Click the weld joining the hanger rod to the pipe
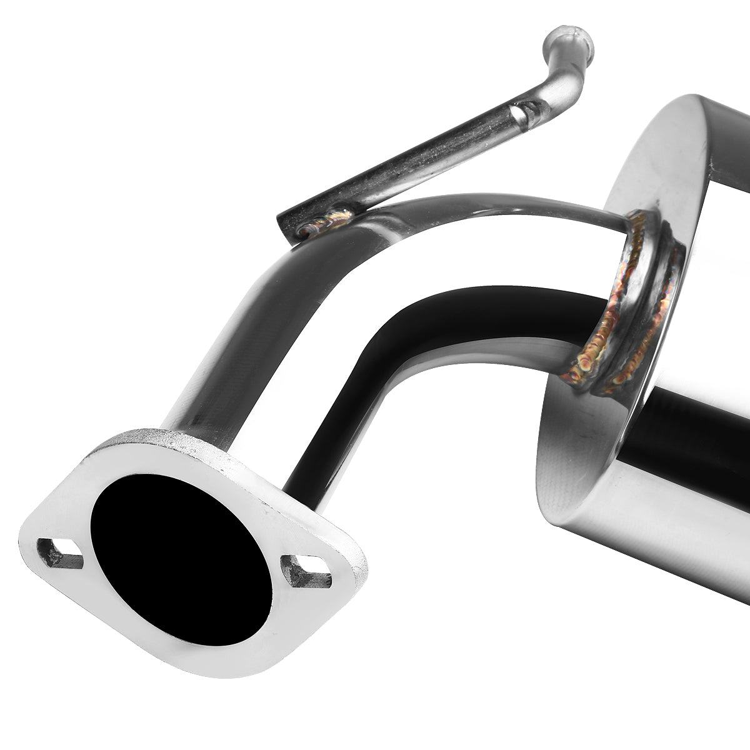pyautogui.click(x=325, y=222)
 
